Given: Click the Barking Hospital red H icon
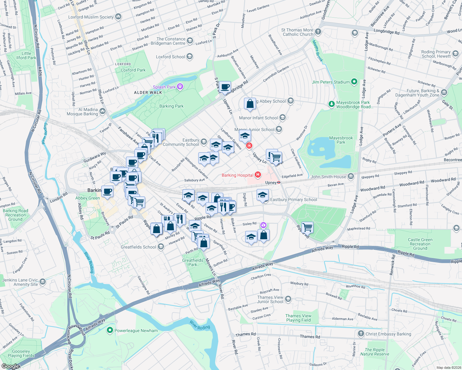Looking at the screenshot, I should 258,175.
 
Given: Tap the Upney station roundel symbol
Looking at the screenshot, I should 279,183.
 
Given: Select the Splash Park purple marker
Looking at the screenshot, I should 180,87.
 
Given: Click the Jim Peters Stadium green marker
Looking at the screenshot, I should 354,82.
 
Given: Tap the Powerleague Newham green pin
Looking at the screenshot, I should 110,331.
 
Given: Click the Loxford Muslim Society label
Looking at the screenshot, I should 91,17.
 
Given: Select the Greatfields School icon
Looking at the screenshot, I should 161,247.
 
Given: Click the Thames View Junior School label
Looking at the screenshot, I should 270,299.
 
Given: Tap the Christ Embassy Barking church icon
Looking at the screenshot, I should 361,334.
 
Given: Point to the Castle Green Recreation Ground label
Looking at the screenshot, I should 420,244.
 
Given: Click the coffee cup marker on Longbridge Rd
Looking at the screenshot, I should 225,87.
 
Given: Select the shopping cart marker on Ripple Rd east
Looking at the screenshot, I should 307,227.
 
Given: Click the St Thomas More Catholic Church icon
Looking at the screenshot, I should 318,32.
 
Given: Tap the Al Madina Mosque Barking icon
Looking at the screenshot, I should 103,111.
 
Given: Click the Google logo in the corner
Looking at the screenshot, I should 10,366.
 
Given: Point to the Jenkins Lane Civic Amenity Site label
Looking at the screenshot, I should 20,282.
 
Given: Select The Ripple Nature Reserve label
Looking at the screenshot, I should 375,352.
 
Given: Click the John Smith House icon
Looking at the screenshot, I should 351,176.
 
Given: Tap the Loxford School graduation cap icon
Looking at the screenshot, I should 190,56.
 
